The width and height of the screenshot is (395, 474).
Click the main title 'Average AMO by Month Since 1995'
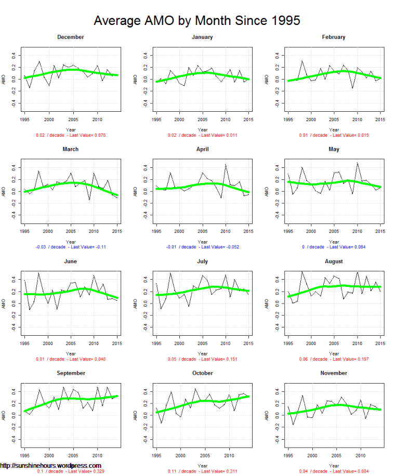197,20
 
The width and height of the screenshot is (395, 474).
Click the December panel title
71,37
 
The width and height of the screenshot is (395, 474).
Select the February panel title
334,37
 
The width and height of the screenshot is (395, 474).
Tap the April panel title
202,149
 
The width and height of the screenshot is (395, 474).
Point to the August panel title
334,261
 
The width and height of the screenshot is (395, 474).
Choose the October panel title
202,373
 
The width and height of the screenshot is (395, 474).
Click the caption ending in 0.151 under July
202,359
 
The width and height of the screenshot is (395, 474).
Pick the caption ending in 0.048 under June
71,359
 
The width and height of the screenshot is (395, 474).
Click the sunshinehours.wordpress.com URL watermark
50,466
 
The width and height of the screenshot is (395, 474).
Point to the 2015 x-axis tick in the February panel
380,119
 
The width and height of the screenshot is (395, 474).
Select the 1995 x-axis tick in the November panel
288,455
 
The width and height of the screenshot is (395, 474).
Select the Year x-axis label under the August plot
334,353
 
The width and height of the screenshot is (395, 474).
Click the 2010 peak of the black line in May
357,163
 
